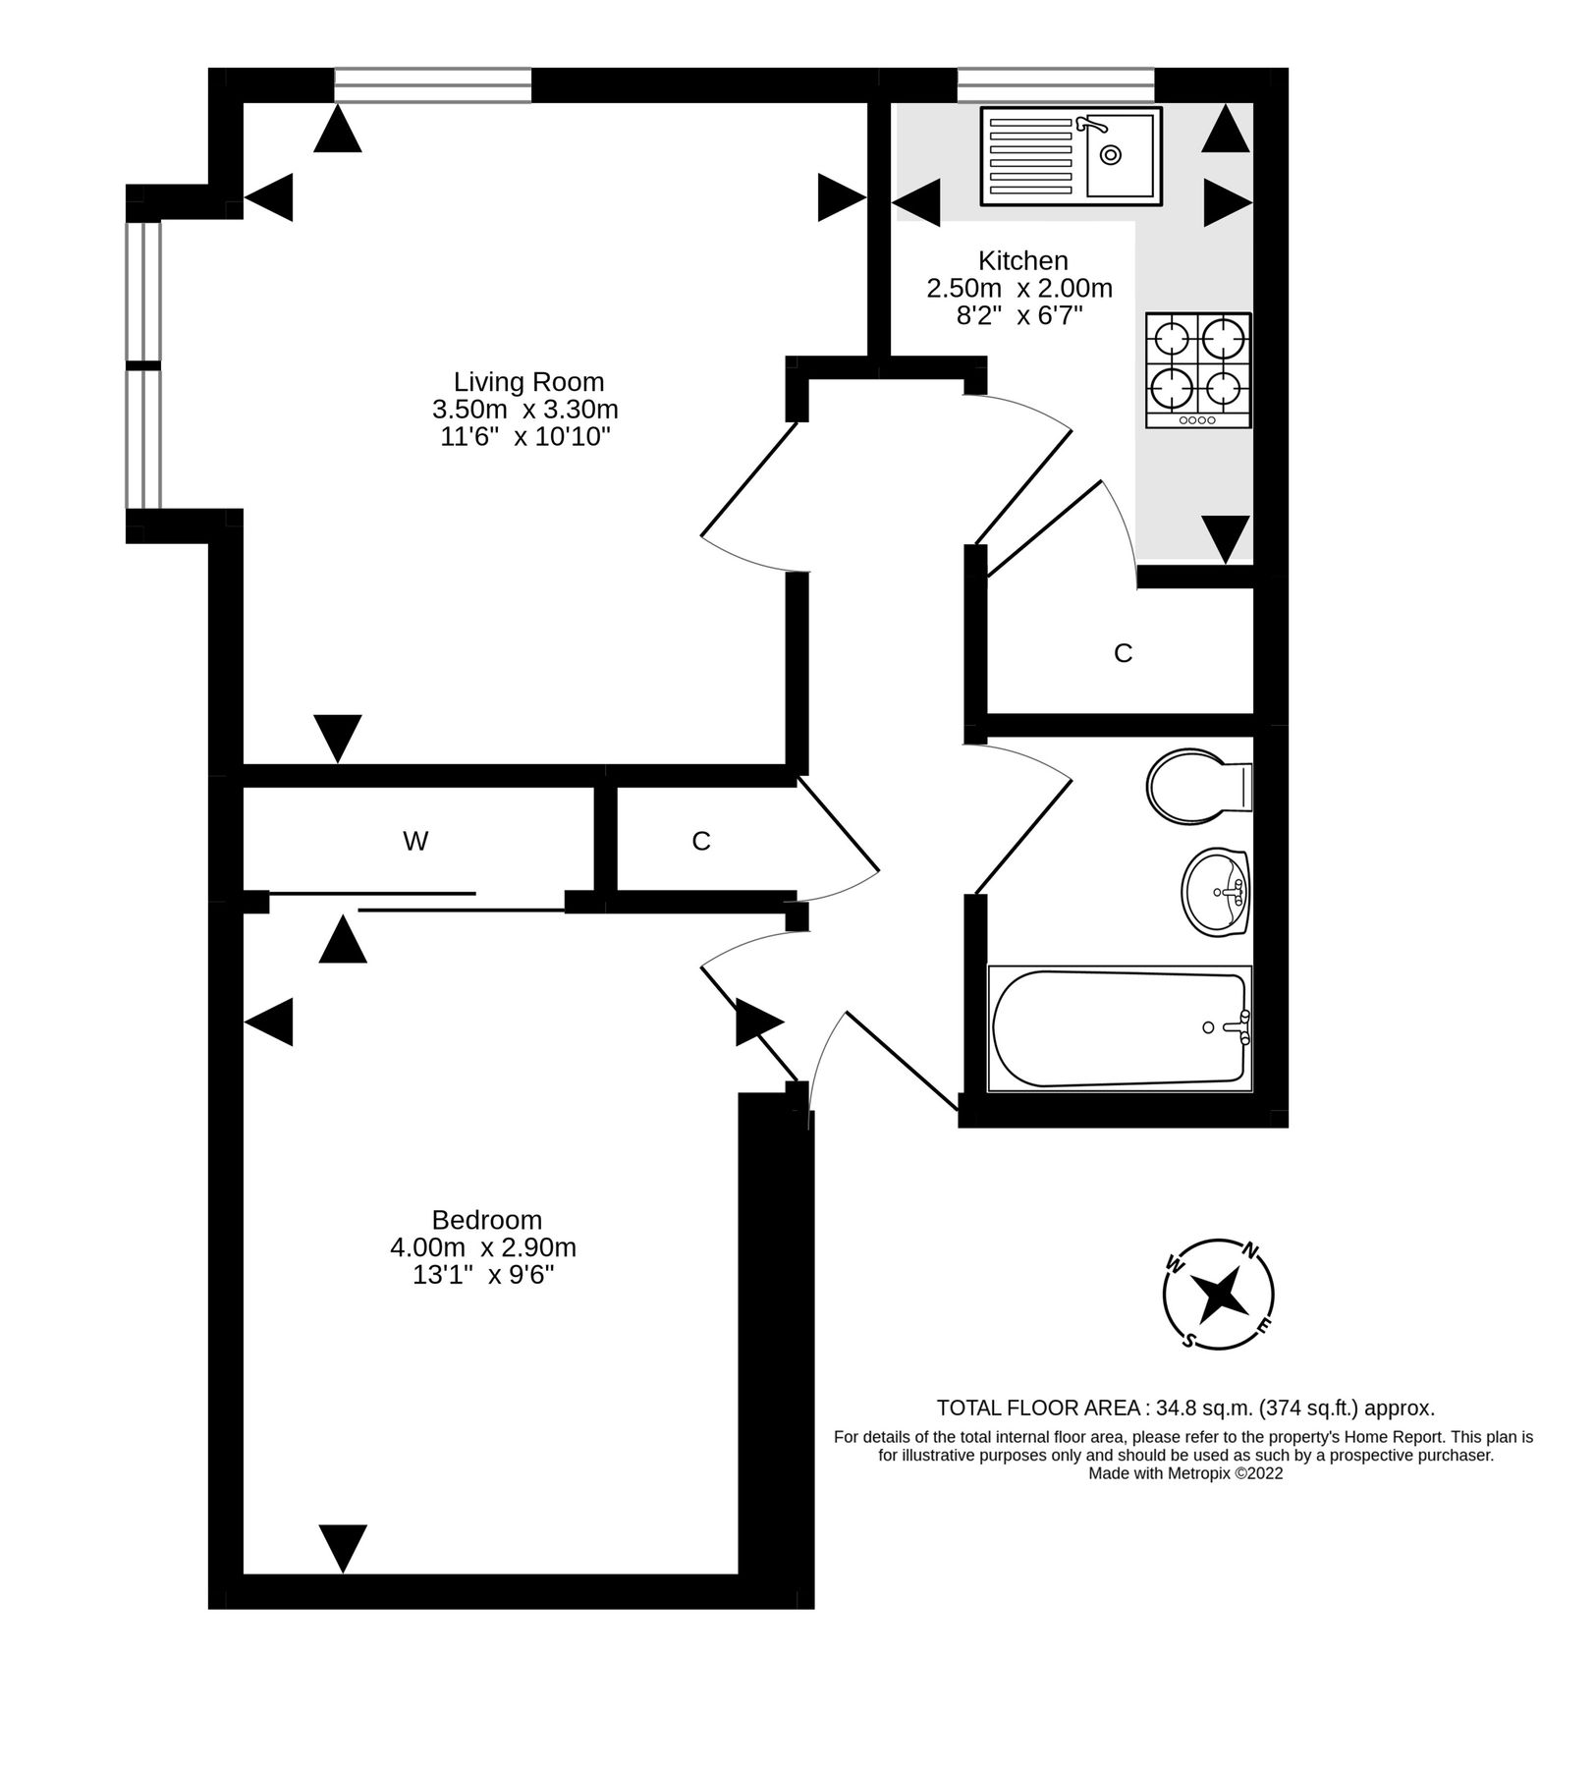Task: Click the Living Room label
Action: (528, 381)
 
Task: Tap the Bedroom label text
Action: (486, 1219)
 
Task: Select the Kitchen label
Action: (1022, 260)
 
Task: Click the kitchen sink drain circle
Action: (1111, 154)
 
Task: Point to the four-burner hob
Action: (1197, 369)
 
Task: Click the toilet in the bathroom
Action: (1196, 788)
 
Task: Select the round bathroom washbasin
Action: (1215, 892)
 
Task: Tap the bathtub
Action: (1119, 1028)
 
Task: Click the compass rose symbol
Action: (1218, 1294)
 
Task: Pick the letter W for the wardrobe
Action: (415, 841)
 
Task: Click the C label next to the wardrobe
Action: (700, 841)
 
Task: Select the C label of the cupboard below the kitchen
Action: (1123, 653)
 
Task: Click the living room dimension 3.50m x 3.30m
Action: (525, 409)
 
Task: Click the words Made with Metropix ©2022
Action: (1184, 1473)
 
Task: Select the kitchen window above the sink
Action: (1055, 84)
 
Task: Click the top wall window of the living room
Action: (432, 84)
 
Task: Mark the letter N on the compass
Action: (1250, 1250)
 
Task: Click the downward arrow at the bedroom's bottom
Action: (343, 1548)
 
